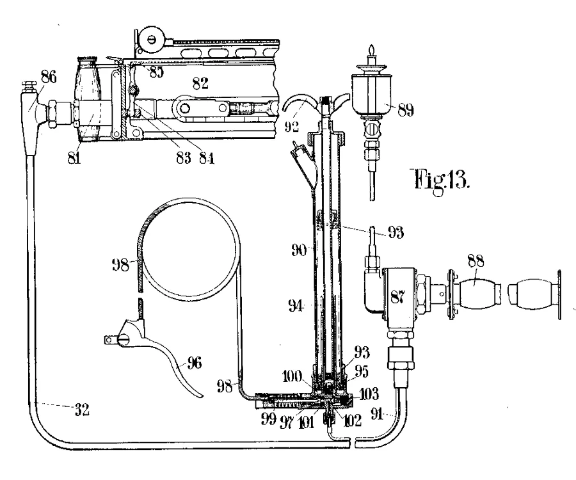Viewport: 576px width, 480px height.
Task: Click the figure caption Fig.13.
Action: [x=442, y=179]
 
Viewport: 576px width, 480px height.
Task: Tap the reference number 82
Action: [x=200, y=83]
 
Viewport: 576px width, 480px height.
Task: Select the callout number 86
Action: [x=49, y=77]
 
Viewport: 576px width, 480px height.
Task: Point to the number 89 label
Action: [x=406, y=110]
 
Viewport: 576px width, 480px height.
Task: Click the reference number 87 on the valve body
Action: [x=397, y=296]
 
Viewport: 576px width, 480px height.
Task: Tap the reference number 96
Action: [x=195, y=363]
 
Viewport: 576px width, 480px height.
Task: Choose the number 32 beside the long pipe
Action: [x=82, y=410]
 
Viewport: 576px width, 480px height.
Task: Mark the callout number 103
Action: [x=368, y=394]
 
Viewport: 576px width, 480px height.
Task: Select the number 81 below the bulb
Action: [x=74, y=158]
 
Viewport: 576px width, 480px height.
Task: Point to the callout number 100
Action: [x=292, y=376]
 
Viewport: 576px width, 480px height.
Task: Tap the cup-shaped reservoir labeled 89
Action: [x=372, y=93]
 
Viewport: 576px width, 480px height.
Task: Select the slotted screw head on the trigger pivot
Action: [x=123, y=340]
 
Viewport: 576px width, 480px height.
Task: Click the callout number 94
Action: [x=295, y=305]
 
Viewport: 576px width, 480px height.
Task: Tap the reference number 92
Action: [x=292, y=126]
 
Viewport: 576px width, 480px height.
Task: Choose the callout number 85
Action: [x=156, y=72]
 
